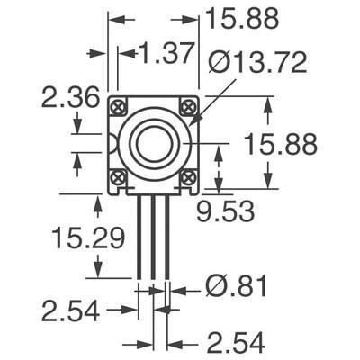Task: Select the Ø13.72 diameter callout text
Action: (257, 63)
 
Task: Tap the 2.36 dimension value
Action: (67, 97)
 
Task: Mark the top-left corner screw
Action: (118, 107)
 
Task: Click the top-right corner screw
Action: (188, 107)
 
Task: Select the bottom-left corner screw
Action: (118, 179)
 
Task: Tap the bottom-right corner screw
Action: (188, 179)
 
